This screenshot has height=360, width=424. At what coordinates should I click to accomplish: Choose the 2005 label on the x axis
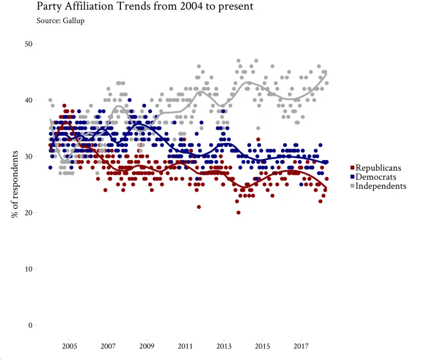(x=69, y=346)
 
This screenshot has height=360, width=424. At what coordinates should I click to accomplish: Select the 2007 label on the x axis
(x=108, y=346)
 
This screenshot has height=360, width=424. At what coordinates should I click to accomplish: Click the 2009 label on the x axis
(x=146, y=346)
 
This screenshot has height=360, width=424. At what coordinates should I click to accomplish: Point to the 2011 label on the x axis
(x=185, y=346)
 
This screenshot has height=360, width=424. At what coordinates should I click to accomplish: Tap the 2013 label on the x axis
(x=224, y=346)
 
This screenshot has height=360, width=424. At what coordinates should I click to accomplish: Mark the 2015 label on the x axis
(x=262, y=346)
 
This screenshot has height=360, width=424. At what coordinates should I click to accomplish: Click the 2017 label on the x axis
(x=301, y=346)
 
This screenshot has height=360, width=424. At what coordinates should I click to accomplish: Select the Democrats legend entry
(x=375, y=177)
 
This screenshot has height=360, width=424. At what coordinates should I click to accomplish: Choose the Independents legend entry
(x=380, y=186)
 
